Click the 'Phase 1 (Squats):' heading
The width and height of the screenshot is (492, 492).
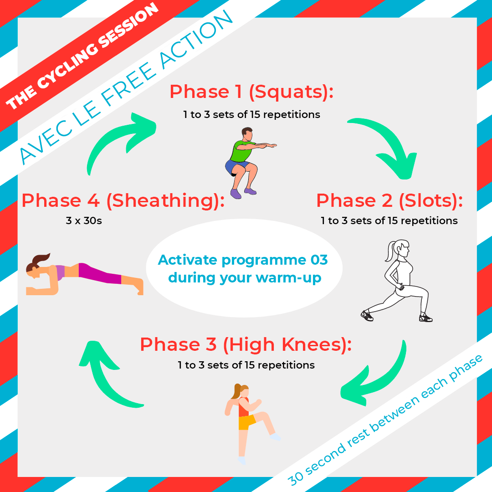(251, 92)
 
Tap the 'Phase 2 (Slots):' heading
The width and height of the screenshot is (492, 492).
(389, 200)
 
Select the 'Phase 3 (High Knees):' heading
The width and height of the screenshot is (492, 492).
(246, 344)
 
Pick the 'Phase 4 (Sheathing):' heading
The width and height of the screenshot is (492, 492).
(123, 200)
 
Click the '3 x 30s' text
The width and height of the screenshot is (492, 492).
(84, 220)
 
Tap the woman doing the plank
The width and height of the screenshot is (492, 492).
(84, 275)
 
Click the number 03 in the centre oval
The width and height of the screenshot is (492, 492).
(319, 260)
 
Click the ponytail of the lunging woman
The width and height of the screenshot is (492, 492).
(390, 251)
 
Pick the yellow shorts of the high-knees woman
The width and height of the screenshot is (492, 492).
(246, 422)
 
